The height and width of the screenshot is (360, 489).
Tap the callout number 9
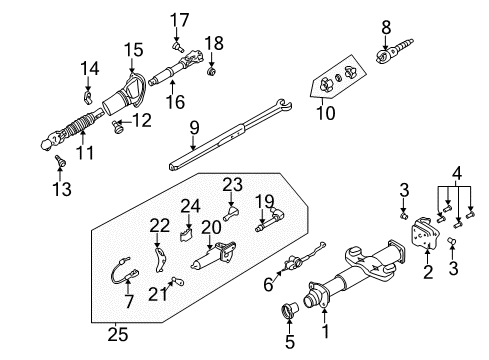[195, 128]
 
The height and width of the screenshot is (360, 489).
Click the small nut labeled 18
[211, 72]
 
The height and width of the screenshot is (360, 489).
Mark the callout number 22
[159, 225]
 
